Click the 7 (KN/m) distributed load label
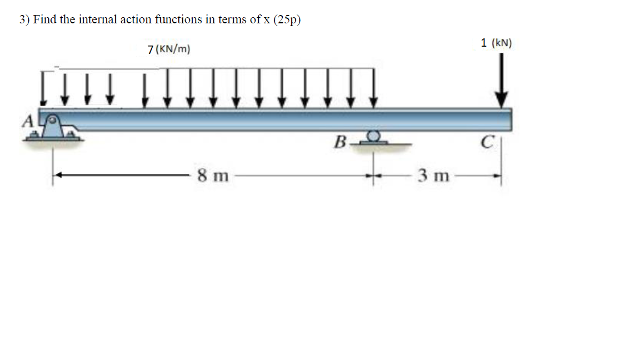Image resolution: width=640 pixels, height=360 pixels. tap(169, 49)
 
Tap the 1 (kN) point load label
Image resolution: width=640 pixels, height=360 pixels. tap(496, 42)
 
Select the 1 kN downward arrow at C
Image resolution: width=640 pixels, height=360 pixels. tap(502, 81)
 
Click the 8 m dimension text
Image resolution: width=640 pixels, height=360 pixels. tap(213, 177)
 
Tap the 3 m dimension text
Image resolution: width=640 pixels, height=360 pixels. tap(433, 177)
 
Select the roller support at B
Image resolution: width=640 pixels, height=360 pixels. tap(373, 137)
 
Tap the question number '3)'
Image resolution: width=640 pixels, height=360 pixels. tap(24, 19)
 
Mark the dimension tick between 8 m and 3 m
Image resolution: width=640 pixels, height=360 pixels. tap(373, 177)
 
